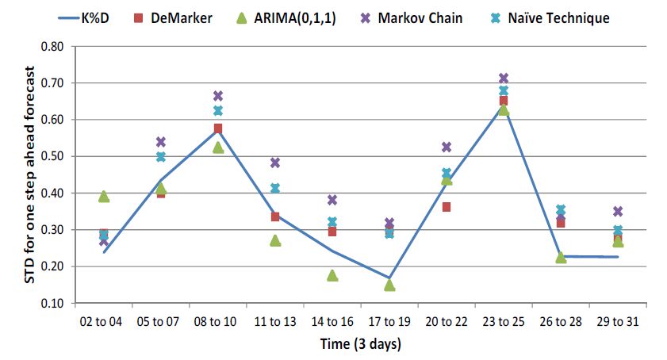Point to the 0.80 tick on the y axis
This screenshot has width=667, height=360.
[x=52, y=46]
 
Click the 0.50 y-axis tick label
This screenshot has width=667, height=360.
[x=52, y=156]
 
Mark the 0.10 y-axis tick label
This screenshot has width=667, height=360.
[x=52, y=303]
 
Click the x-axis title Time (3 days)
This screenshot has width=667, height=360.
[x=359, y=344]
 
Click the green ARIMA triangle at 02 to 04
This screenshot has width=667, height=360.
[x=104, y=197]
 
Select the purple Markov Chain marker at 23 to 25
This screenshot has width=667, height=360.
[x=503, y=79]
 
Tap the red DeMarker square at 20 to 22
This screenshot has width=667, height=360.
[x=447, y=207]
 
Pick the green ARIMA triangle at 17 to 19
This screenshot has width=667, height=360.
[x=389, y=285]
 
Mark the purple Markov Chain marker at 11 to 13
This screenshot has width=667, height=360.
[x=275, y=163]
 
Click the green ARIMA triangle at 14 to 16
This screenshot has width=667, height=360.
[x=332, y=275]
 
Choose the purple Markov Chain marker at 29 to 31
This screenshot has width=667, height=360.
[x=618, y=212]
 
